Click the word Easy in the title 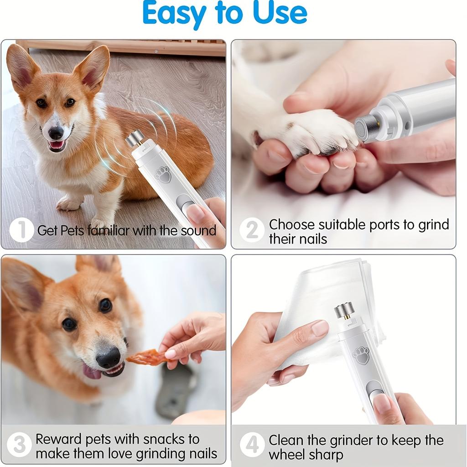(174, 14)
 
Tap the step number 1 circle (21, 230)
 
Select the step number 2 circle (252, 230)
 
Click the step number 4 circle (252, 445)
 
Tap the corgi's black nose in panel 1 (56, 133)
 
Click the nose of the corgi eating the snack (108, 357)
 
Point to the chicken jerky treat (147, 357)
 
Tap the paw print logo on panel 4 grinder (361, 355)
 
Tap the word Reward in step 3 (58, 439)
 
